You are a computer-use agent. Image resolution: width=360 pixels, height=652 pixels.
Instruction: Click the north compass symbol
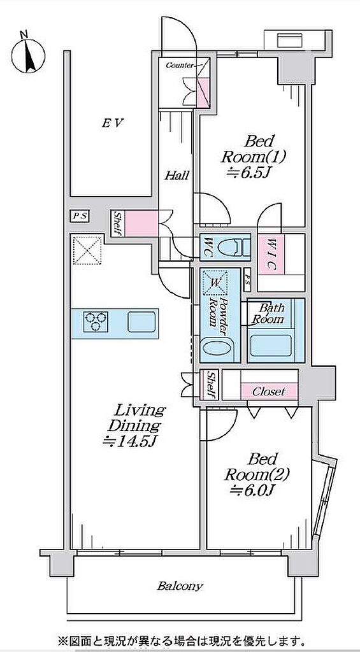pyautogui.click(x=28, y=53)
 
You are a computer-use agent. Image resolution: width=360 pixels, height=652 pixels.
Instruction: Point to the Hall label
pyautogui.click(x=176, y=175)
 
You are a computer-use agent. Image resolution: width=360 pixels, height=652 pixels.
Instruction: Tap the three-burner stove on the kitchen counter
pyautogui.click(x=96, y=322)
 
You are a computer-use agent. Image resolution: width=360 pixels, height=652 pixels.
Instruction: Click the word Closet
pyautogui.click(x=269, y=392)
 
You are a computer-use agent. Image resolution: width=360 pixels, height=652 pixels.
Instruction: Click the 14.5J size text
pyautogui.click(x=129, y=441)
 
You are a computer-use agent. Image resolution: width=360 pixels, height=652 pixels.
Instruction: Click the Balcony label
pyautogui.click(x=180, y=586)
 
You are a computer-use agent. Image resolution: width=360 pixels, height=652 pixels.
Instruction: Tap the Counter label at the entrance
pyautogui.click(x=180, y=66)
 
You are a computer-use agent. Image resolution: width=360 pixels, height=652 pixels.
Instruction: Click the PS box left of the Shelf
pyautogui.click(x=79, y=216)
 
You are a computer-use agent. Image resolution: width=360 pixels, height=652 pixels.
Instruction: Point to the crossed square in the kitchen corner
pyautogui.click(x=87, y=250)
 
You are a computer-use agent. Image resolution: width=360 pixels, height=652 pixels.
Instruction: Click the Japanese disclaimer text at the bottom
pyautogui.click(x=180, y=638)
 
